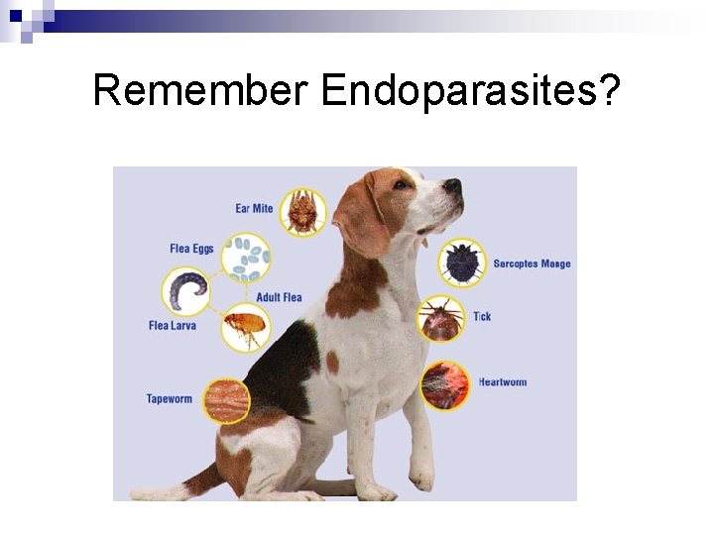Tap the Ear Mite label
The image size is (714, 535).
point(254,208)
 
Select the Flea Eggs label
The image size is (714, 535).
point(191,249)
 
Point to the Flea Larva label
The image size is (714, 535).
point(173,325)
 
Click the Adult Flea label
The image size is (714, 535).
point(279,297)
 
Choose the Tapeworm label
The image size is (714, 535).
point(170,399)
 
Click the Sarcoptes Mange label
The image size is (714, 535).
point(533,264)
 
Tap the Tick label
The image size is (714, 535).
point(482,316)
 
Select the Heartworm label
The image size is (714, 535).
point(503,381)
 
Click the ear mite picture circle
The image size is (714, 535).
point(302,212)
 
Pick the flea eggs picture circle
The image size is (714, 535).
point(245,258)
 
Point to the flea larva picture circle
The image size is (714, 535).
point(185,291)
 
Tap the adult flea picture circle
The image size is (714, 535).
point(245,326)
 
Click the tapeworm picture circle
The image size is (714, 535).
point(227,398)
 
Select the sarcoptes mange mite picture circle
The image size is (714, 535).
point(461,263)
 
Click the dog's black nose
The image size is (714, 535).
point(452,185)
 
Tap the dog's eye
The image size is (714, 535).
point(401,183)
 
